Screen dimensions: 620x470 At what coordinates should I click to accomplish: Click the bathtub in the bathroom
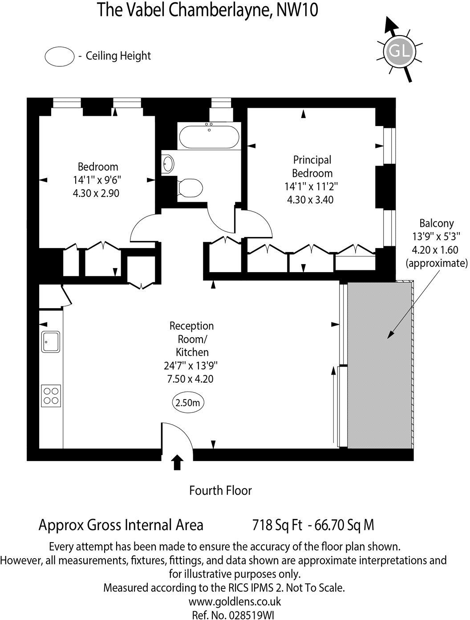tap(208, 137)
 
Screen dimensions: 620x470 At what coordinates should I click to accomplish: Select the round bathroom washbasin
tap(168, 163)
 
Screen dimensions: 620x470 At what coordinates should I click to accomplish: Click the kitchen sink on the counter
tap(51, 342)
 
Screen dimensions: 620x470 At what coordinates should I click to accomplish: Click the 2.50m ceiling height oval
tap(189, 403)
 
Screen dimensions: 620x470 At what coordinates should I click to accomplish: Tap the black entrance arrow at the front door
tap(177, 462)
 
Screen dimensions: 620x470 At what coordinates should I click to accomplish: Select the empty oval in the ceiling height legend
tap(59, 56)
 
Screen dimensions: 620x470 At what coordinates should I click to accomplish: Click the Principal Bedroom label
tap(312, 166)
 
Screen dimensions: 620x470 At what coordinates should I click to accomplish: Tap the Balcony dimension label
tap(436, 243)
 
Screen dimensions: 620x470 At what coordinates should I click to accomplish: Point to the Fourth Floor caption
tap(220, 490)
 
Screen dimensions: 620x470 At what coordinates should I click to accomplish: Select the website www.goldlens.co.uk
tap(235, 601)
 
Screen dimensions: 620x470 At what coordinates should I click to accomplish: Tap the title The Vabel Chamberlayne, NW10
tap(207, 10)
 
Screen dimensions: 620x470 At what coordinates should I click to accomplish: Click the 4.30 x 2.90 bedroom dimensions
tap(97, 193)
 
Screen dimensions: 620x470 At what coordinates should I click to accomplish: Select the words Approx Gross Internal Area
tap(121, 525)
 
